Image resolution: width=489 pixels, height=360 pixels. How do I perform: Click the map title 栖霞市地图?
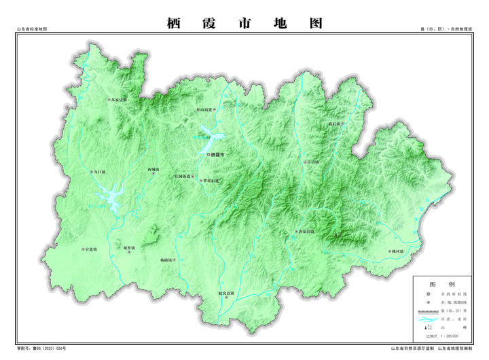(244, 23)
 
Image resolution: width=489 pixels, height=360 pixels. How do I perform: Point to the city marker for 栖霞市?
(209, 154)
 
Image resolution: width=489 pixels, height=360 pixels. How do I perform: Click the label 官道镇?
(91, 249)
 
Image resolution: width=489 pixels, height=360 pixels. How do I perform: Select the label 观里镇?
(131, 248)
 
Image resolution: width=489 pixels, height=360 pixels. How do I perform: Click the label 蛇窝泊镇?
(226, 293)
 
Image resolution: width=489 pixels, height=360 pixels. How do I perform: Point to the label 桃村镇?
(397, 251)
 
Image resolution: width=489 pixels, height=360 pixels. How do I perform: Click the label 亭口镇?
(312, 162)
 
